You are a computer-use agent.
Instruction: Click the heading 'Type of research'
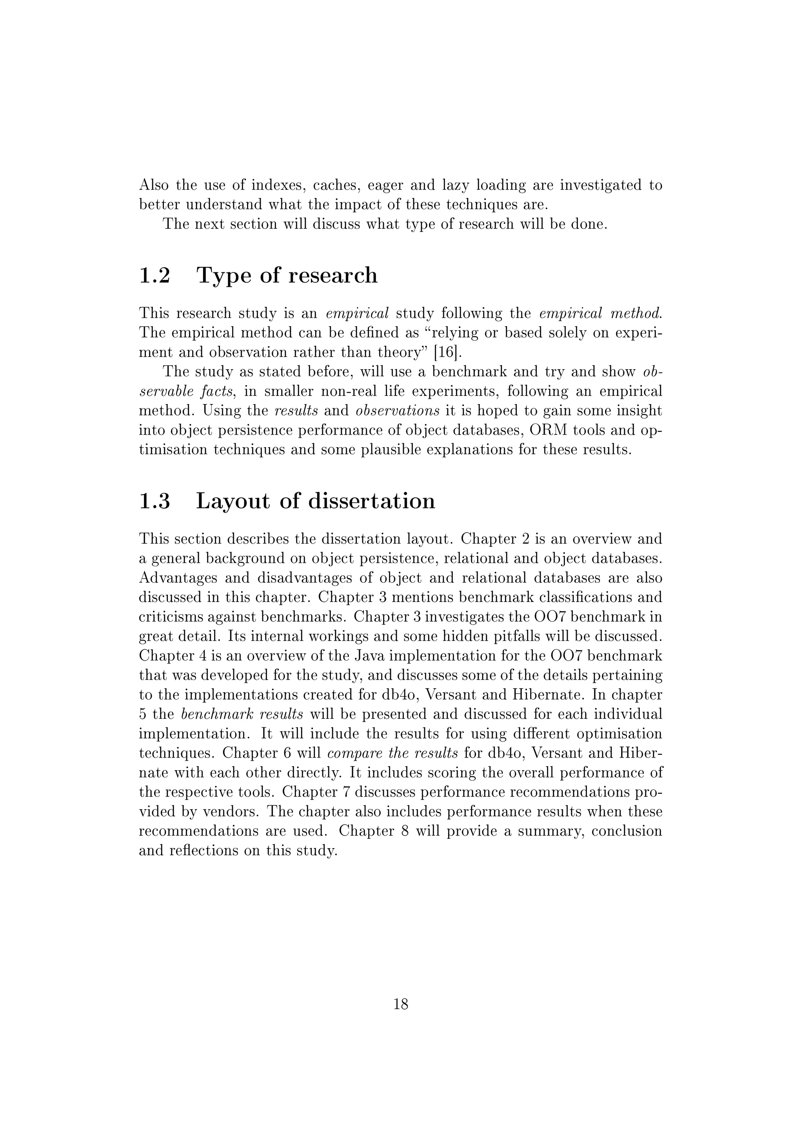pos(287,276)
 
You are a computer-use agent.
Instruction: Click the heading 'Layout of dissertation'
pos(316,501)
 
